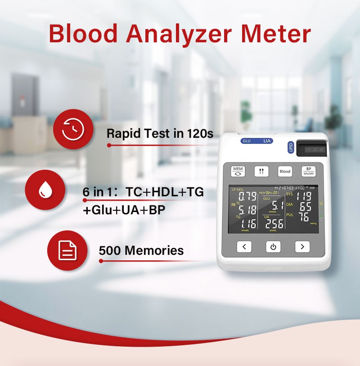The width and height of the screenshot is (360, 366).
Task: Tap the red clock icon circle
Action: pos(73,129)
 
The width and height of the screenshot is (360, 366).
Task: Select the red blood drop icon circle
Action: pos(45,190)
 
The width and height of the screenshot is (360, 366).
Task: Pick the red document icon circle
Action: pos(67,250)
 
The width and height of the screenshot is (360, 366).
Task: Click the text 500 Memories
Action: pos(141,250)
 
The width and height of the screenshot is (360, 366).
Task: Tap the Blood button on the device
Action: pos(285,172)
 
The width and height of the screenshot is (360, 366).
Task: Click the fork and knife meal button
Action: pos(261,172)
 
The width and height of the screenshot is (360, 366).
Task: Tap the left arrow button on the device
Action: pos(244,246)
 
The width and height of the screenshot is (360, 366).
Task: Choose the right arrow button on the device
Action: pos(302,246)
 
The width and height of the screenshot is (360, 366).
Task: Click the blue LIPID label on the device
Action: pos(291,148)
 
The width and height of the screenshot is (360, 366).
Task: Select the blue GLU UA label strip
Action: pos(256,141)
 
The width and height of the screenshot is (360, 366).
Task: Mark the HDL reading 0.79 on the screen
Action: pos(247,197)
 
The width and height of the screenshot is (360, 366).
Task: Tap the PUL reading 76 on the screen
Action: pos(304,217)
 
